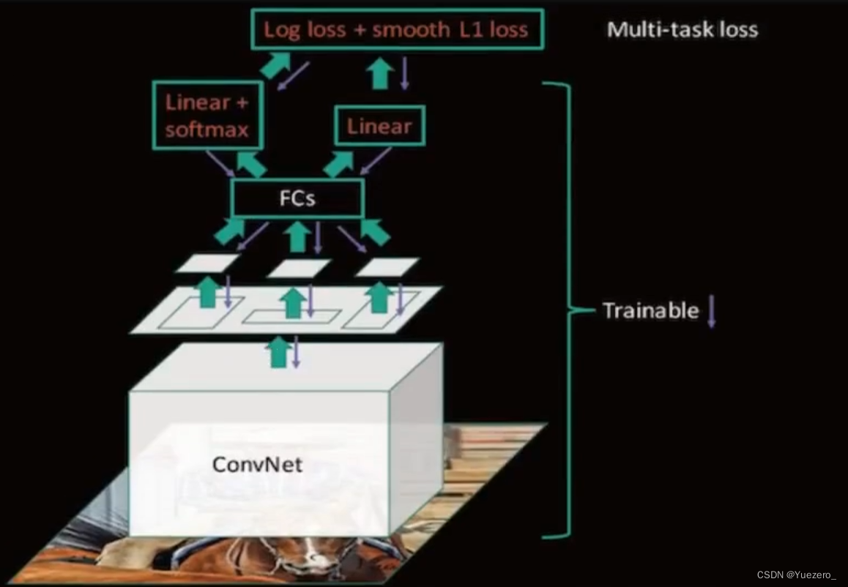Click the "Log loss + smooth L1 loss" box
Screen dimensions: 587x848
[395, 29]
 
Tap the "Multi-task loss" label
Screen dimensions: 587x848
[682, 29]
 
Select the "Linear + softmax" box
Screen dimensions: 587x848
[207, 116]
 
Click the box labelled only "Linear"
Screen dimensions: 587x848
[379, 126]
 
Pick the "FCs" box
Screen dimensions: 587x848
[297, 198]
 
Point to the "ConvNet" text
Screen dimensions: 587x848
[256, 464]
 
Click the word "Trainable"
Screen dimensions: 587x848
[650, 310]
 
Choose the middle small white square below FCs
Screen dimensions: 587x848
[298, 268]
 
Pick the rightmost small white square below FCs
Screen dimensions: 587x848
[387, 267]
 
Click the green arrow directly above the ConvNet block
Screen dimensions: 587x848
[277, 351]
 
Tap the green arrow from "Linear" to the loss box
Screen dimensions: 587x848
[379, 74]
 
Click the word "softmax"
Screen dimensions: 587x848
[207, 130]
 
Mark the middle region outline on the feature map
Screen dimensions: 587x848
[291, 316]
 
